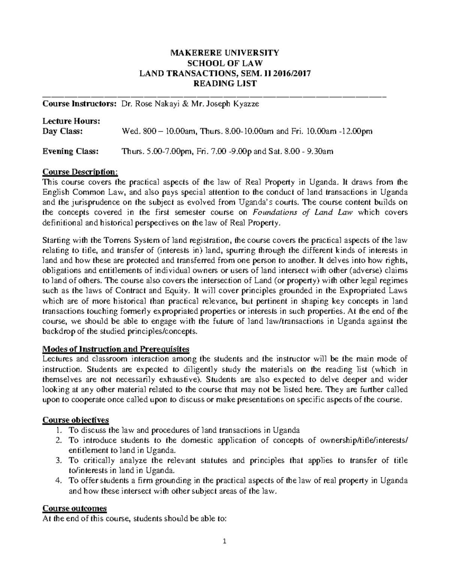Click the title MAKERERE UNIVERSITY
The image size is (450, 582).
[225, 52]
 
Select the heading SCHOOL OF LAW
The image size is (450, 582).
[225, 63]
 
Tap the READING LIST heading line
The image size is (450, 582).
[225, 84]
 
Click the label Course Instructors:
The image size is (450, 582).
[79, 104]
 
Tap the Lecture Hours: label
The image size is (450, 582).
[71, 121]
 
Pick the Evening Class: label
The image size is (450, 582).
[71, 151]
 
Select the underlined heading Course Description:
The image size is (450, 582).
[80, 172]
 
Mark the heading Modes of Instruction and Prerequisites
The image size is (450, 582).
[116, 349]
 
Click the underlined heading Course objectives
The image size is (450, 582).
[76, 419]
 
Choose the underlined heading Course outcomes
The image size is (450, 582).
[75, 509]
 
